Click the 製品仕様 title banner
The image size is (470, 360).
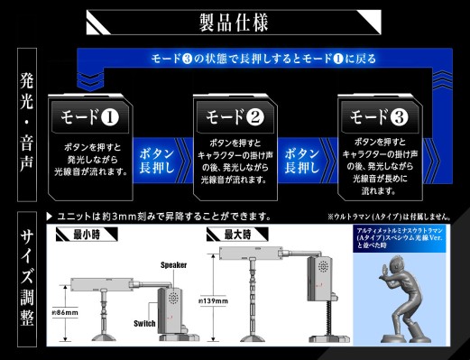235,21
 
